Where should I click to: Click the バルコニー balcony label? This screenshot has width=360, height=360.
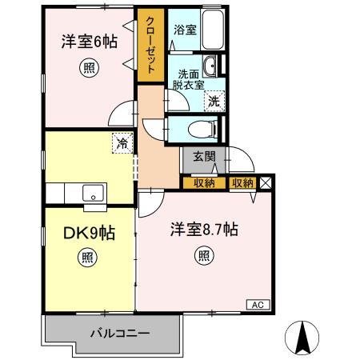[113, 333]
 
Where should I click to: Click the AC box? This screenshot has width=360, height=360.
[258, 305]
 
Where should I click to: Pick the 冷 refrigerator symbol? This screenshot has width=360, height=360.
[122, 143]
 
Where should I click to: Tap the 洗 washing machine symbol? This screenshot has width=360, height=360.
[214, 101]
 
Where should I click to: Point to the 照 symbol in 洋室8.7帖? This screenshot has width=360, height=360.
[204, 257]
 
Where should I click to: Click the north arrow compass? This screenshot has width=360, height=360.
[302, 336]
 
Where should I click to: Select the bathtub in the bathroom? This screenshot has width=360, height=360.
[210, 35]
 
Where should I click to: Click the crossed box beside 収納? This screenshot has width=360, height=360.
[266, 183]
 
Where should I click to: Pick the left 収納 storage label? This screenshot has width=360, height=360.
[204, 183]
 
